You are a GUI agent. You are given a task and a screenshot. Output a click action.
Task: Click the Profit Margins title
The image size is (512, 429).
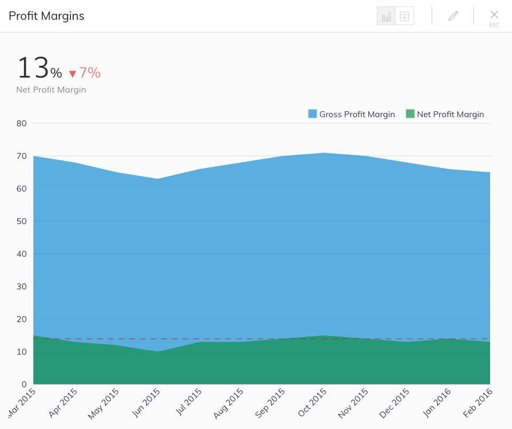coord(46,16)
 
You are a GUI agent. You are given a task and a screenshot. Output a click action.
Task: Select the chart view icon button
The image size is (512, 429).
coord(386,16)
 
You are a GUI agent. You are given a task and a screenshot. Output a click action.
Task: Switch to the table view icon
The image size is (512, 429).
coord(405,16)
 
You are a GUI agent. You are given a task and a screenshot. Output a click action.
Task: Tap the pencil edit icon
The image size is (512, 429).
coord(453,16)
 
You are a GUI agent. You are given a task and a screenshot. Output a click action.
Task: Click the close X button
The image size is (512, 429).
coord(494,14)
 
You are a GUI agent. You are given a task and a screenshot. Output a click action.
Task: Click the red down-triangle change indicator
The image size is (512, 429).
coord(73,74)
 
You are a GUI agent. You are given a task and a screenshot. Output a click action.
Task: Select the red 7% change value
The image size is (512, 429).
coord(90,73)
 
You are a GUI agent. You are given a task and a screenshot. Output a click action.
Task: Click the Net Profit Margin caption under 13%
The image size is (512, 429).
coord(51,90)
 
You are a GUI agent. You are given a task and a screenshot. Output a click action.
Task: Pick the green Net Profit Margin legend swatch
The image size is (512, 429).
coord(410,114)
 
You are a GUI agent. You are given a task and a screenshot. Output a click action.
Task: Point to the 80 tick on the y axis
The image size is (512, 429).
coord(21,123)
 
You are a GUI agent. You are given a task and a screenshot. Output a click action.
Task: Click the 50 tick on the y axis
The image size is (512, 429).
coord(21,221)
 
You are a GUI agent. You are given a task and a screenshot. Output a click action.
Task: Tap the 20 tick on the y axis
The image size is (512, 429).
coord(21,319)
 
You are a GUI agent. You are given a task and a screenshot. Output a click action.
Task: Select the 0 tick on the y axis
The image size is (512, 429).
coord(24,384)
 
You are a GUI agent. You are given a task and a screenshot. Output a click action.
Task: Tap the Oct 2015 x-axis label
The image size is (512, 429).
coord(312,403)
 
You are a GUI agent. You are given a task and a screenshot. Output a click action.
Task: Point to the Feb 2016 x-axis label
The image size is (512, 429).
coord(478,403)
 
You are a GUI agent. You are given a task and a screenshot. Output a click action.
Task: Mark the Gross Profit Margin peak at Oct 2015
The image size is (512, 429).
coord(323,153)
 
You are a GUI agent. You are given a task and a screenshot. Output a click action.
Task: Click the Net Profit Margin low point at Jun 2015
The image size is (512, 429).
coord(157,351)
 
